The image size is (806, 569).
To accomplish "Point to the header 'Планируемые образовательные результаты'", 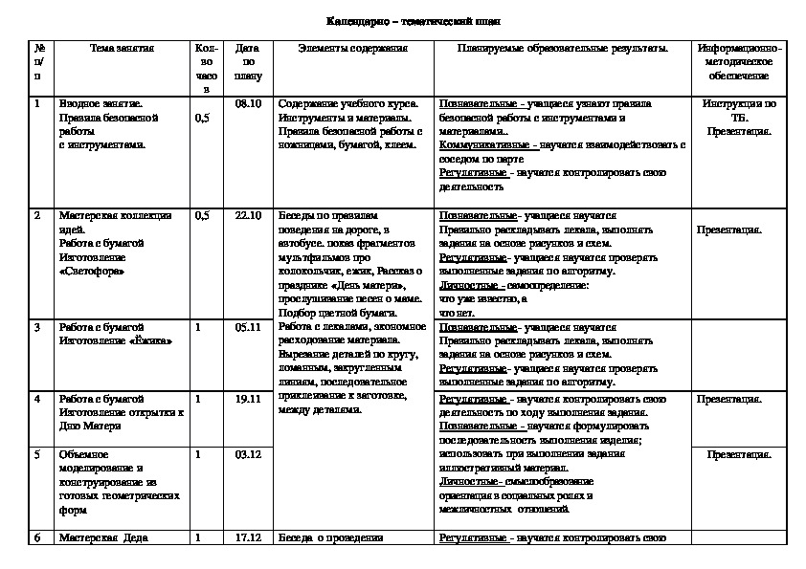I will point(563,47).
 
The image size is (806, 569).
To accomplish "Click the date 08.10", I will point(248,103).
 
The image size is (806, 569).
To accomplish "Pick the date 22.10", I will point(248,216).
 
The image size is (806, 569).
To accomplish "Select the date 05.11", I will point(248,327).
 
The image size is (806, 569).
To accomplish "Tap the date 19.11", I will point(248,398).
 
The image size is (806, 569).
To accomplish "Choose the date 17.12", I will point(248,537).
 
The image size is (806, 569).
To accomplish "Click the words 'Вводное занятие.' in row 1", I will point(101,103).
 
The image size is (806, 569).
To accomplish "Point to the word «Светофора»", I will point(92,271).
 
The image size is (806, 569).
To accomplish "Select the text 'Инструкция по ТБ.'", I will point(739,110).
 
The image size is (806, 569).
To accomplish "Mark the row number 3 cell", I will point(37,327).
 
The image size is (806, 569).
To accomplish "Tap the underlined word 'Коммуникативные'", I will point(485,145).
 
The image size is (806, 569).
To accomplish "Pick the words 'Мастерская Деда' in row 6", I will point(102,537).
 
